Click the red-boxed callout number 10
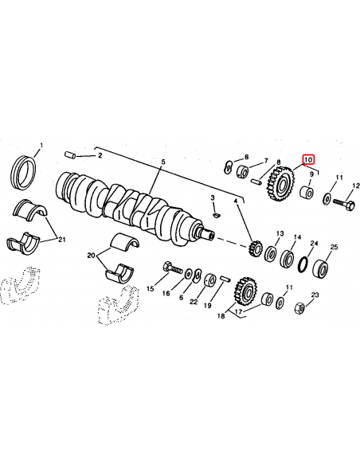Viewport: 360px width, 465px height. click(307, 160)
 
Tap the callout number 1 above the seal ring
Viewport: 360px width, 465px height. click(43, 147)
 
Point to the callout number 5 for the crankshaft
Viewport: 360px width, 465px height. click(163, 162)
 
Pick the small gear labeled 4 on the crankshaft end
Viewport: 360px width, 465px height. click(256, 248)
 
